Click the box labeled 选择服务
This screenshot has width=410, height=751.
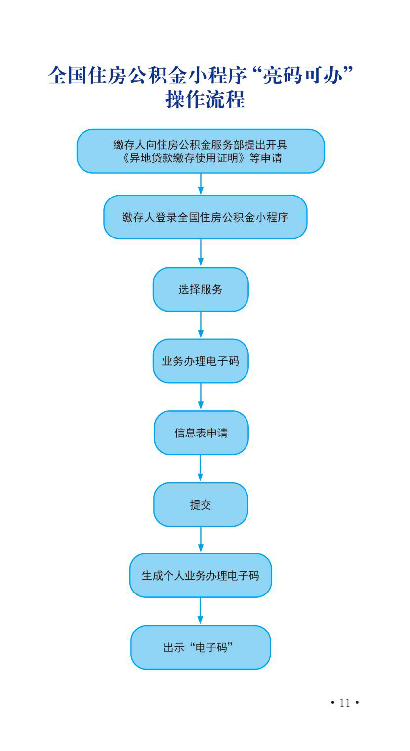coord(201,289)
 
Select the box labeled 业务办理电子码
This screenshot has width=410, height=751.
coord(201,361)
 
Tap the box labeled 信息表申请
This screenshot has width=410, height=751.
coord(201,433)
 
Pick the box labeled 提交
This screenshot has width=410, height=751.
coord(201,505)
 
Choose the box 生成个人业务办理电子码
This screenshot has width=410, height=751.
coord(201,576)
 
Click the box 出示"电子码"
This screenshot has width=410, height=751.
coord(201,647)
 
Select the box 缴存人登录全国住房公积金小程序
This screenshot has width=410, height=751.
coord(205,217)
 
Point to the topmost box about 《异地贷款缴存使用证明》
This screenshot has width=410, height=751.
coord(201,151)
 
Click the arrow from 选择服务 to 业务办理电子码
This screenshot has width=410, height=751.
coord(201,325)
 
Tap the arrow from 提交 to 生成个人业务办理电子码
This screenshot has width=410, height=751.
coord(201,540)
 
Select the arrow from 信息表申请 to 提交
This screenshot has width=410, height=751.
coord(200,469)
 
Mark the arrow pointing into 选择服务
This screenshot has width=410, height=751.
coord(201,253)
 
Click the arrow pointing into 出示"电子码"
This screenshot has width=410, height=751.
coord(200,611)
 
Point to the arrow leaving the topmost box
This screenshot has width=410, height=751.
coord(201,184)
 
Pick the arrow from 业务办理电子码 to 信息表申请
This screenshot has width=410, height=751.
coord(201,396)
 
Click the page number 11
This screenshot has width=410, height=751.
coord(345,703)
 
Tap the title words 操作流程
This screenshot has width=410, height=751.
coord(205,99)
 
